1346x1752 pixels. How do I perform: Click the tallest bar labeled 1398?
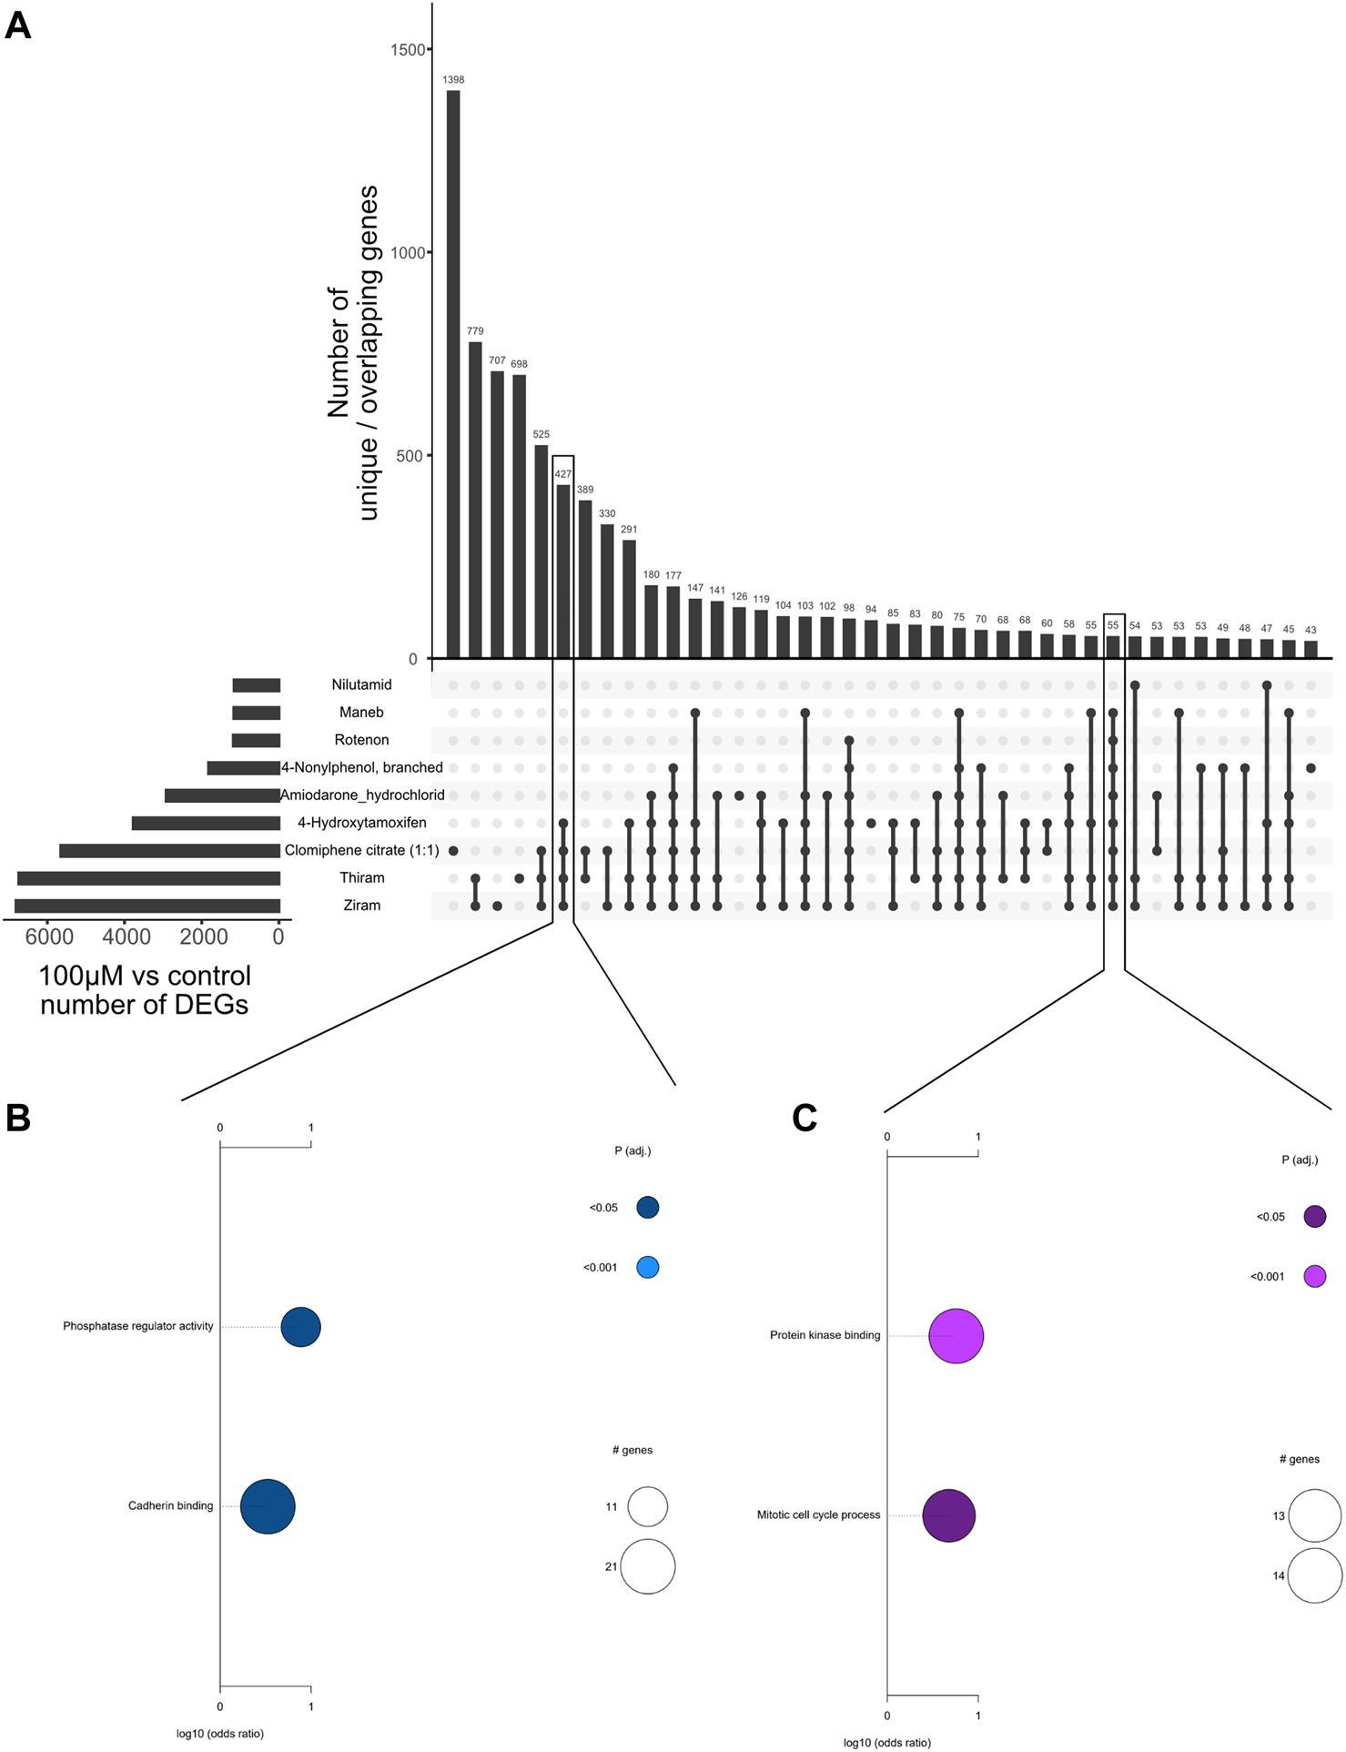coord(453,373)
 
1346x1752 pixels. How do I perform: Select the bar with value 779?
coord(475,500)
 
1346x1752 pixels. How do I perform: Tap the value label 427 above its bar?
coord(563,474)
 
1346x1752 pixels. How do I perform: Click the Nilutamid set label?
coord(361,685)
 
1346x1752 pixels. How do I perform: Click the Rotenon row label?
coord(361,741)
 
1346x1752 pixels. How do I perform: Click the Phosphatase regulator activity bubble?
coord(300,1327)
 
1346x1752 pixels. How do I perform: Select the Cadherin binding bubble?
coord(268,1507)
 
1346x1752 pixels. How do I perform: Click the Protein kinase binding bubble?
coord(956,1336)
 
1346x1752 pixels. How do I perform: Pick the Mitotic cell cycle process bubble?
coord(948,1516)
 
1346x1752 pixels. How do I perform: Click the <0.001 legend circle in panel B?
coord(647,1268)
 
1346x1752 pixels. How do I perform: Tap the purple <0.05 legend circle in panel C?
coord(1314,1217)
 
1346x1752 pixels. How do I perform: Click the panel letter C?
coord(805,1118)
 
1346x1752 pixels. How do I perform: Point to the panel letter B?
coord(18,1118)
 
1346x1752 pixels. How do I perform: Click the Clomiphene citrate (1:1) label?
coord(361,851)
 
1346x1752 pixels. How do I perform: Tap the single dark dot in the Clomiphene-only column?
coord(453,851)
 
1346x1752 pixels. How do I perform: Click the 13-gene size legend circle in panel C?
coord(1314,1516)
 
